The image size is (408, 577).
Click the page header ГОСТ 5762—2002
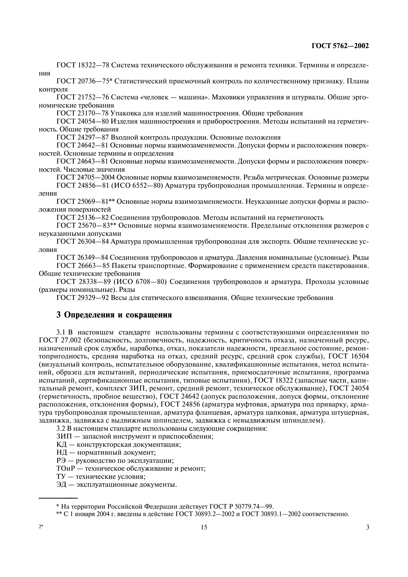(340, 46)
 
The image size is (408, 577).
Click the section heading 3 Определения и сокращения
(114, 315)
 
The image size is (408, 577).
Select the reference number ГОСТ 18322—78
(82, 65)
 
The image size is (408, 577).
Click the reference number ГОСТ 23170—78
(82, 113)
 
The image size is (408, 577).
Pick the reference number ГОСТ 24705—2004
(86, 177)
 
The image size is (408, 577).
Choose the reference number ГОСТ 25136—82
(82, 217)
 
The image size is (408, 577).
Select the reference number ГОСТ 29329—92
(82, 298)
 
